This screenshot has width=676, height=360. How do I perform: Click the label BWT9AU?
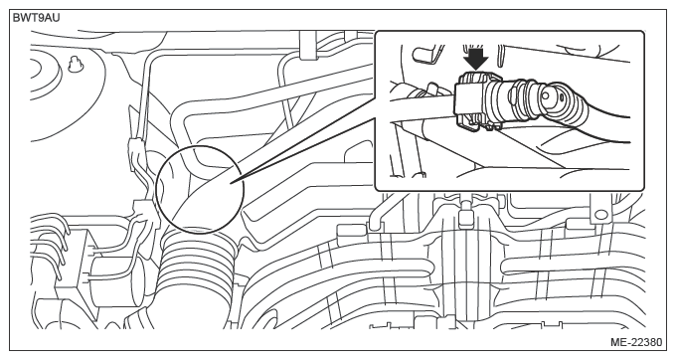pos(36,18)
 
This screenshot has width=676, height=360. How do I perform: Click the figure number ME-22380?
pos(636,342)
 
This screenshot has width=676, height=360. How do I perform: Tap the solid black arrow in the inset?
pos(476,58)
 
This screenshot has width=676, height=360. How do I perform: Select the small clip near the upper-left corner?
pos(75,64)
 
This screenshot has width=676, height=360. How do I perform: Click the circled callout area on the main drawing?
pos(200,190)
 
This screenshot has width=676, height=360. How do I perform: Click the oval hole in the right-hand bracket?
pos(601,214)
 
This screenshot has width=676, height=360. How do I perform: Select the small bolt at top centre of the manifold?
pos(464,214)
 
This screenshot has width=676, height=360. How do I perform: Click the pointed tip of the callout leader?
pos(231,183)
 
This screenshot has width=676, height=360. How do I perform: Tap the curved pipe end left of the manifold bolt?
pos(374,224)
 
